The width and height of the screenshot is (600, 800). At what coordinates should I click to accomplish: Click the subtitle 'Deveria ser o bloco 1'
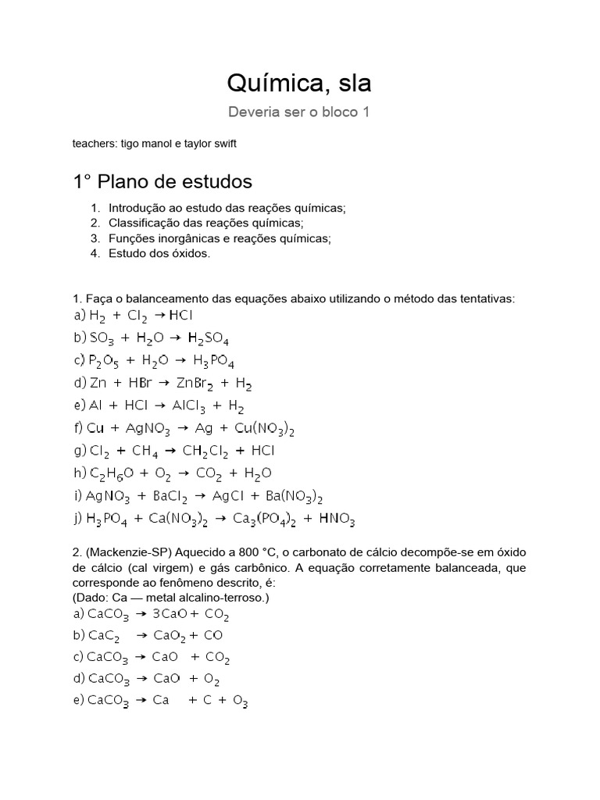298,112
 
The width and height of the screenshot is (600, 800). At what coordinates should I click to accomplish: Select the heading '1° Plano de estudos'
162,182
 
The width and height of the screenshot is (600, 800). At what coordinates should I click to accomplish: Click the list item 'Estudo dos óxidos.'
159,253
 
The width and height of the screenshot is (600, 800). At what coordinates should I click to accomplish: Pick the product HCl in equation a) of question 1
180,316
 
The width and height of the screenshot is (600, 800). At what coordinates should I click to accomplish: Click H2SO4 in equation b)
209,339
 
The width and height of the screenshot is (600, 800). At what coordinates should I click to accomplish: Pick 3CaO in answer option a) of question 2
170,613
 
